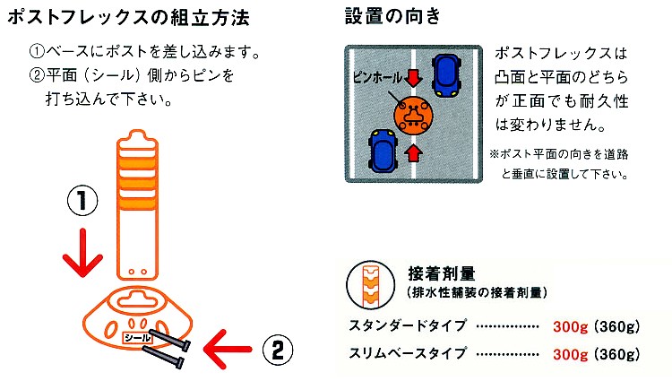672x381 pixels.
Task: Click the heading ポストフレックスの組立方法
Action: pos(128,18)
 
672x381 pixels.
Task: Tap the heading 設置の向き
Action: pos(392,17)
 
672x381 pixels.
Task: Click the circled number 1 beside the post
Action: pos(82,201)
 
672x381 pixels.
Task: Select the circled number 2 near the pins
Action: pos(277,351)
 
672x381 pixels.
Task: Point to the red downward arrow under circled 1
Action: pos(82,253)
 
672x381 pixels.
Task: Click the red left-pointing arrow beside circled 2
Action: pos(228,350)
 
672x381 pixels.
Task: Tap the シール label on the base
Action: pos(137,338)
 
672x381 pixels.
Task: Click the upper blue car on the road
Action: pos(446,75)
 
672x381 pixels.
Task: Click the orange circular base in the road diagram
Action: pos(413,115)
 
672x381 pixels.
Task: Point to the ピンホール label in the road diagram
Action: pos(377,78)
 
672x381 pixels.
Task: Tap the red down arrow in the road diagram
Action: pos(414,78)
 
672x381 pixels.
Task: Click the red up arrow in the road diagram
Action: pos(413,152)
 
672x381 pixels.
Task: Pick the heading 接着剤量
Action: pos(442,273)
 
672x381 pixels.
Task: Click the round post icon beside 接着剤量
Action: pos(371,285)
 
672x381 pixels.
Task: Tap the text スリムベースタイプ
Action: pos(408,353)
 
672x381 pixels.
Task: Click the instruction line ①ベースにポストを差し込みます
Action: pos(144,52)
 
